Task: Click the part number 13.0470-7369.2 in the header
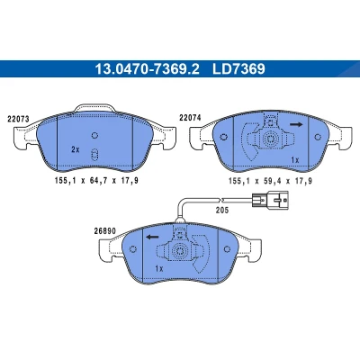147,69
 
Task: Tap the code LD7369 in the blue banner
238,69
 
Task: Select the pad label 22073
18,119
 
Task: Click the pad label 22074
190,118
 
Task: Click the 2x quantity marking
76,149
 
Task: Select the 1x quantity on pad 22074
295,160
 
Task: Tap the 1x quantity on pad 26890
159,268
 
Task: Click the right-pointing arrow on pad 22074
296,124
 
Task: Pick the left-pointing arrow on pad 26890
152,238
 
